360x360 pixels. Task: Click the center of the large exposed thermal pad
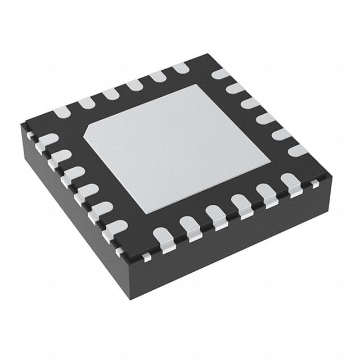(x=177, y=148)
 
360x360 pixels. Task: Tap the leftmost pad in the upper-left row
(x=62, y=112)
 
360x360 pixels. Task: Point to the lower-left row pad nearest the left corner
(x=47, y=139)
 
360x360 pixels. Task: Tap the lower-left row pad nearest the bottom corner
(x=115, y=228)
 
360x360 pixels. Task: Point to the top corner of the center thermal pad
(x=197, y=85)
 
